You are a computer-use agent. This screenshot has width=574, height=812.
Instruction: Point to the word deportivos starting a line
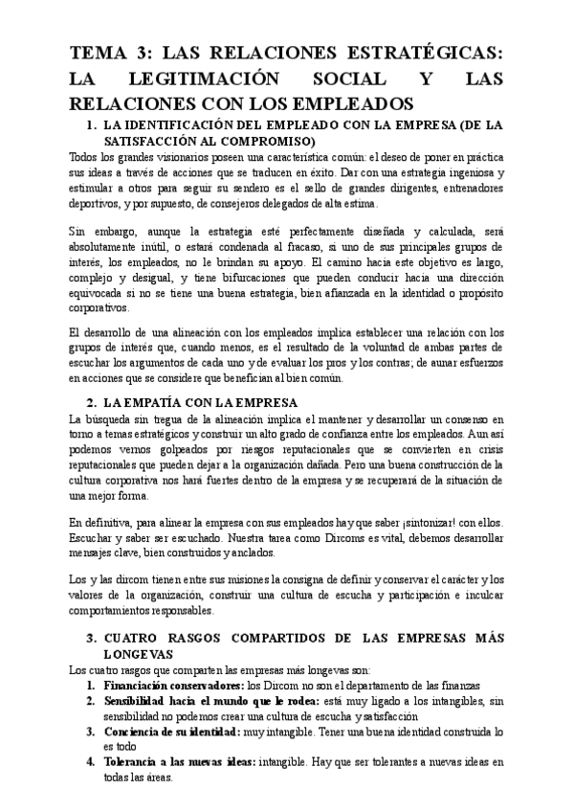(97, 203)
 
